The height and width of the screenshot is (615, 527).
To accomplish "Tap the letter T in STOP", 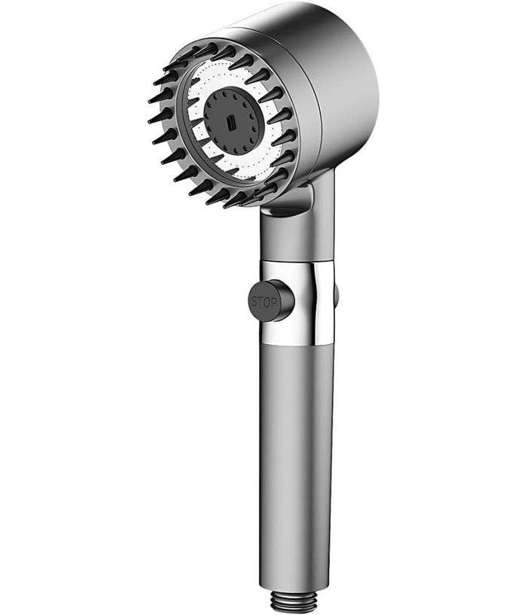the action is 261,302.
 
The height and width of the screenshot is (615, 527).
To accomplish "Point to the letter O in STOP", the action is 267,303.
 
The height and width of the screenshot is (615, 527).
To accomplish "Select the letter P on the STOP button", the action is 273,303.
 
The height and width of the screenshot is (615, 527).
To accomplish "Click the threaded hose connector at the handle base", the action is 291,603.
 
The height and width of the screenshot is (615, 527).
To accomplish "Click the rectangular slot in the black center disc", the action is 231,123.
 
